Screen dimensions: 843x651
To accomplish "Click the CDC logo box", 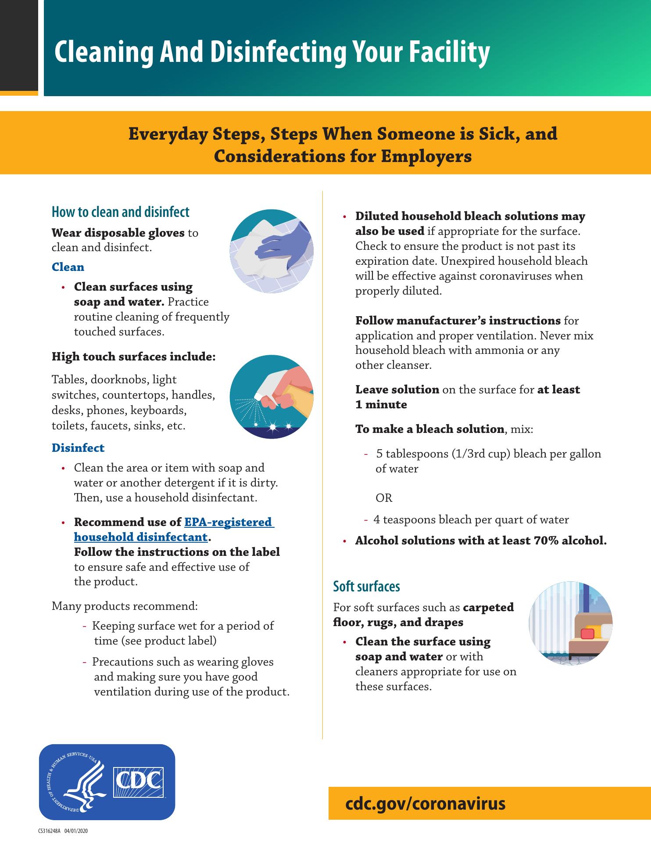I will (139, 782).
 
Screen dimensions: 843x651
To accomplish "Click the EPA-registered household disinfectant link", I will (174, 530).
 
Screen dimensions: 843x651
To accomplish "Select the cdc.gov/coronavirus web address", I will (426, 803).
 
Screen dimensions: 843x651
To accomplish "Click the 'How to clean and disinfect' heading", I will (121, 212).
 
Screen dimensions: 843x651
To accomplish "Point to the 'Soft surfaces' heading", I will (366, 586).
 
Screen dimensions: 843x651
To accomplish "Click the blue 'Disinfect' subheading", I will (78, 448).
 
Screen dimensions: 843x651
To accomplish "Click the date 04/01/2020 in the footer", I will (76, 831).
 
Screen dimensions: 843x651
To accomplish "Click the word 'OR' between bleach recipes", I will (384, 498).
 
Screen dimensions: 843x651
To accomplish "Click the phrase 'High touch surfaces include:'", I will (134, 357).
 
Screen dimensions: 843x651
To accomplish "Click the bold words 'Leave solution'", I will (397, 389).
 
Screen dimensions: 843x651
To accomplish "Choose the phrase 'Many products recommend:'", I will (125, 606).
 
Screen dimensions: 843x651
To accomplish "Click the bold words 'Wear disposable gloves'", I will (118, 232).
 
